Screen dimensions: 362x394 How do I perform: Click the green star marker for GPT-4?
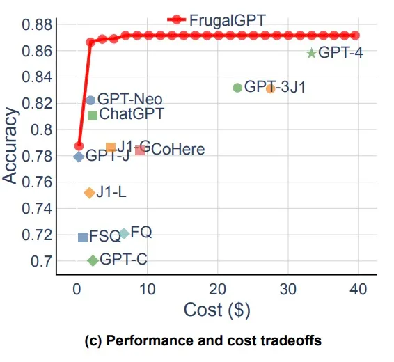(311, 53)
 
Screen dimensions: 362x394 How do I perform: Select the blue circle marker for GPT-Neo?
(90, 100)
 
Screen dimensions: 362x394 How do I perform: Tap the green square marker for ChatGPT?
(93, 115)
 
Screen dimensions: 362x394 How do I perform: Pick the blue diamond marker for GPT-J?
(79, 157)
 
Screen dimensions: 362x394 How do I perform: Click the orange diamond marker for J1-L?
(89, 192)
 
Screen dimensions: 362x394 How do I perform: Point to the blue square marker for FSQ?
(83, 237)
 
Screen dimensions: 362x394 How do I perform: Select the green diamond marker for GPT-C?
(93, 260)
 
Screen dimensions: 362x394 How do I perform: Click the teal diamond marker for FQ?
(124, 233)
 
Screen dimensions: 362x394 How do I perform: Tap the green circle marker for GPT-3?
(237, 88)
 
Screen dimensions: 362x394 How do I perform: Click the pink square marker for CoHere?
(140, 150)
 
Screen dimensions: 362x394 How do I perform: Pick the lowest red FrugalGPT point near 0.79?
(79, 146)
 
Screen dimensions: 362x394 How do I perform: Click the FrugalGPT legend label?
(227, 20)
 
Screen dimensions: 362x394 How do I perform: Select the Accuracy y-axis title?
(10, 145)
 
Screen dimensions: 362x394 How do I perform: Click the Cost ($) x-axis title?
(216, 309)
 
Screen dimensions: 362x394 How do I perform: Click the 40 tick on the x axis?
(358, 289)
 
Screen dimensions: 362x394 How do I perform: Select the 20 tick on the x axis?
(217, 289)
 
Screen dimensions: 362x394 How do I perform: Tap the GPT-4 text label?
(340, 52)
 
